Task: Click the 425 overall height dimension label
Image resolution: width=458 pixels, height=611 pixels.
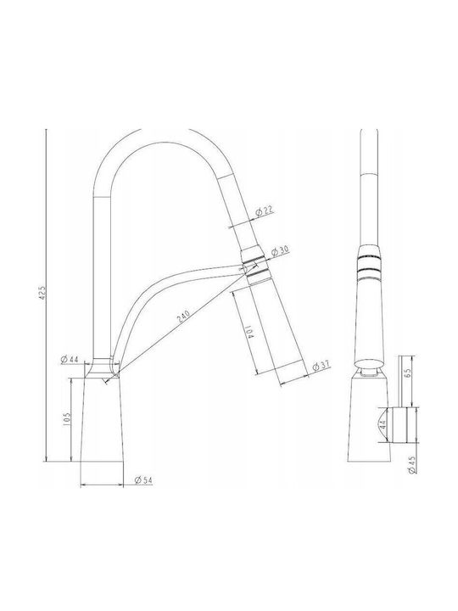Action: [43, 293]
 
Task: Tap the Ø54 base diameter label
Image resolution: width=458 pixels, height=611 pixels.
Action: [143, 480]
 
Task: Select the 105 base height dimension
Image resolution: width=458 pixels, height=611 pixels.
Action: [66, 419]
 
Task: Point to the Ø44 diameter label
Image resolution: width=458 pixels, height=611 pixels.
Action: [70, 359]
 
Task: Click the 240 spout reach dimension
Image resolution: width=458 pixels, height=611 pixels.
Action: [183, 316]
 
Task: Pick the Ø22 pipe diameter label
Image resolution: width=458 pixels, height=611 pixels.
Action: [265, 211]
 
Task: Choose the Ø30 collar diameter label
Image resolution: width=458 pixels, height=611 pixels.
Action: [280, 251]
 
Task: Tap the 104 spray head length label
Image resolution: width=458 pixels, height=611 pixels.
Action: [250, 330]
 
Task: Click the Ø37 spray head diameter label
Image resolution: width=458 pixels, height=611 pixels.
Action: [321, 367]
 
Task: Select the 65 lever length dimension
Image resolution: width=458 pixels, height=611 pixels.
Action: [408, 373]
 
